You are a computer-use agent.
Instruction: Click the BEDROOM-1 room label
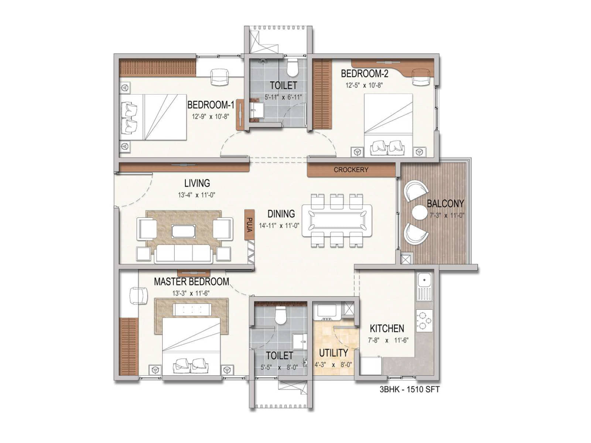tap(211, 105)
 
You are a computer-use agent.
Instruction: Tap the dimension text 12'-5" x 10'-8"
tap(364, 85)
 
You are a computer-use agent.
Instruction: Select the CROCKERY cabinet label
tap(351, 170)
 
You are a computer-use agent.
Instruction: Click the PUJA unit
tap(249, 224)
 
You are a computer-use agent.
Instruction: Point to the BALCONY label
tap(445, 203)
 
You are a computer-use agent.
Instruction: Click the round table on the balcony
tap(419, 213)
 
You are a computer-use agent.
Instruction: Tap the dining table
tap(337, 220)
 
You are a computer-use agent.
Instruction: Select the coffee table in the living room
tap(184, 231)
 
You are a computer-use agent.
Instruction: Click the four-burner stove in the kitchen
tap(424, 320)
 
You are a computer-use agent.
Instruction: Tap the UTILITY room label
tap(333, 353)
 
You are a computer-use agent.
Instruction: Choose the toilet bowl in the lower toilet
tap(281, 316)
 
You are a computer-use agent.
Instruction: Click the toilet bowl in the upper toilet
tap(293, 67)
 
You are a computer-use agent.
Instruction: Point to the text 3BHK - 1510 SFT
tap(410, 389)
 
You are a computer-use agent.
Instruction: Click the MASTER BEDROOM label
tap(191, 282)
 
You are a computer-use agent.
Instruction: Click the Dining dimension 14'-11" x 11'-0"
tap(279, 226)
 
